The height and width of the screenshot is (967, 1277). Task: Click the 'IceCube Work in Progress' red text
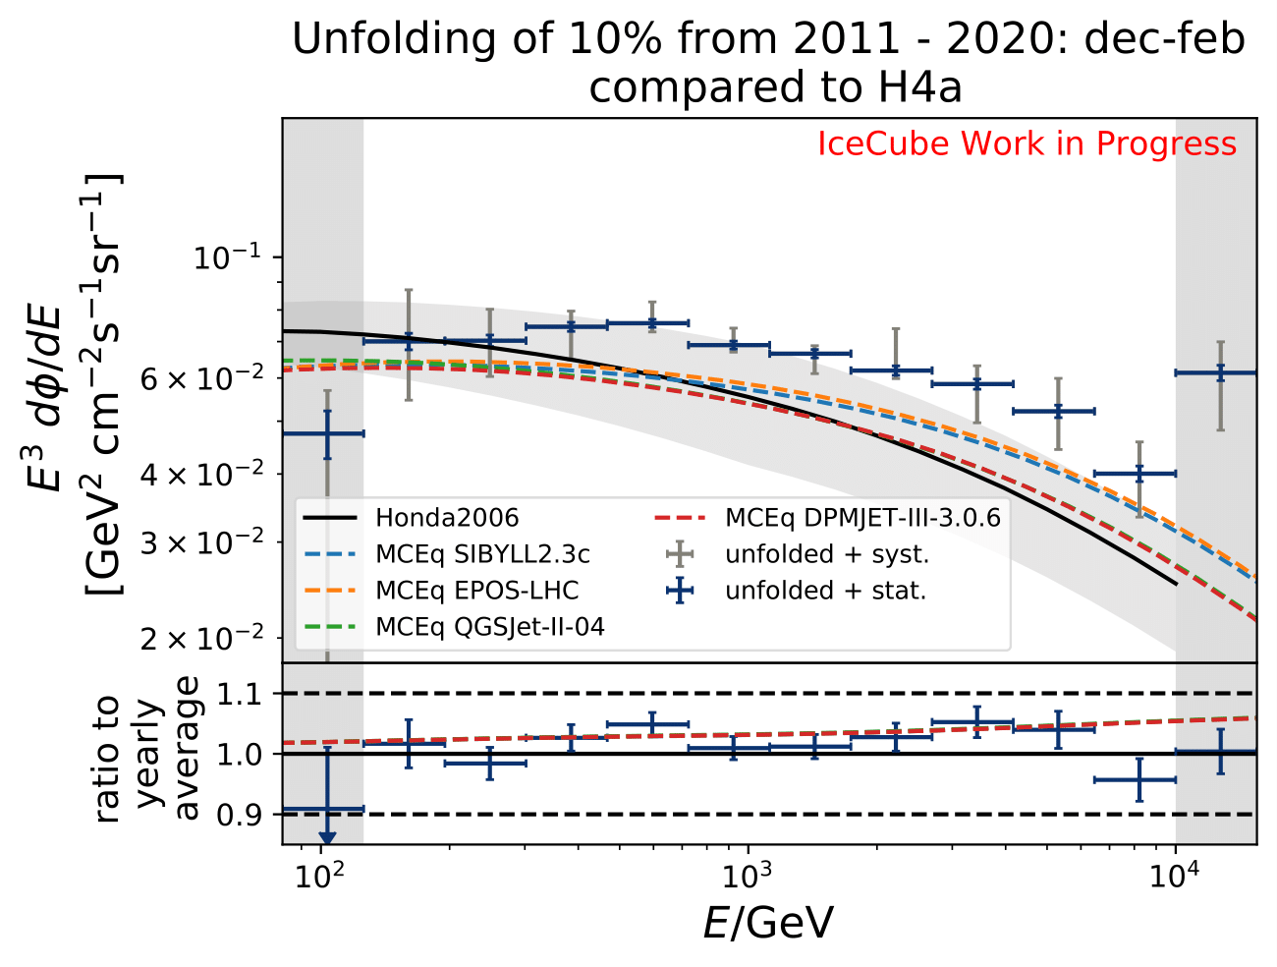(1027, 144)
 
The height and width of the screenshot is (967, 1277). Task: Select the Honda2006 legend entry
(447, 518)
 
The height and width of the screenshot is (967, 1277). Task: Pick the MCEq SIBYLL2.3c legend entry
(482, 554)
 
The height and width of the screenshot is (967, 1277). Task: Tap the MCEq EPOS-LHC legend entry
(476, 591)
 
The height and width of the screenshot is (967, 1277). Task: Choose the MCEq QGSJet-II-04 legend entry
(489, 627)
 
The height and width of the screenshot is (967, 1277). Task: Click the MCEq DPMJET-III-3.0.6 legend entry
(862, 518)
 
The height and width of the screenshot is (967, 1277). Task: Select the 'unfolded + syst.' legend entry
(827, 554)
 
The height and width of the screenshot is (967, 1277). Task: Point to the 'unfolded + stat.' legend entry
(825, 591)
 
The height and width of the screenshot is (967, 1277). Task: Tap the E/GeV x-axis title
(768, 924)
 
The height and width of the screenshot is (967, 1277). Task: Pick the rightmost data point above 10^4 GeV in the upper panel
(1220, 373)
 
